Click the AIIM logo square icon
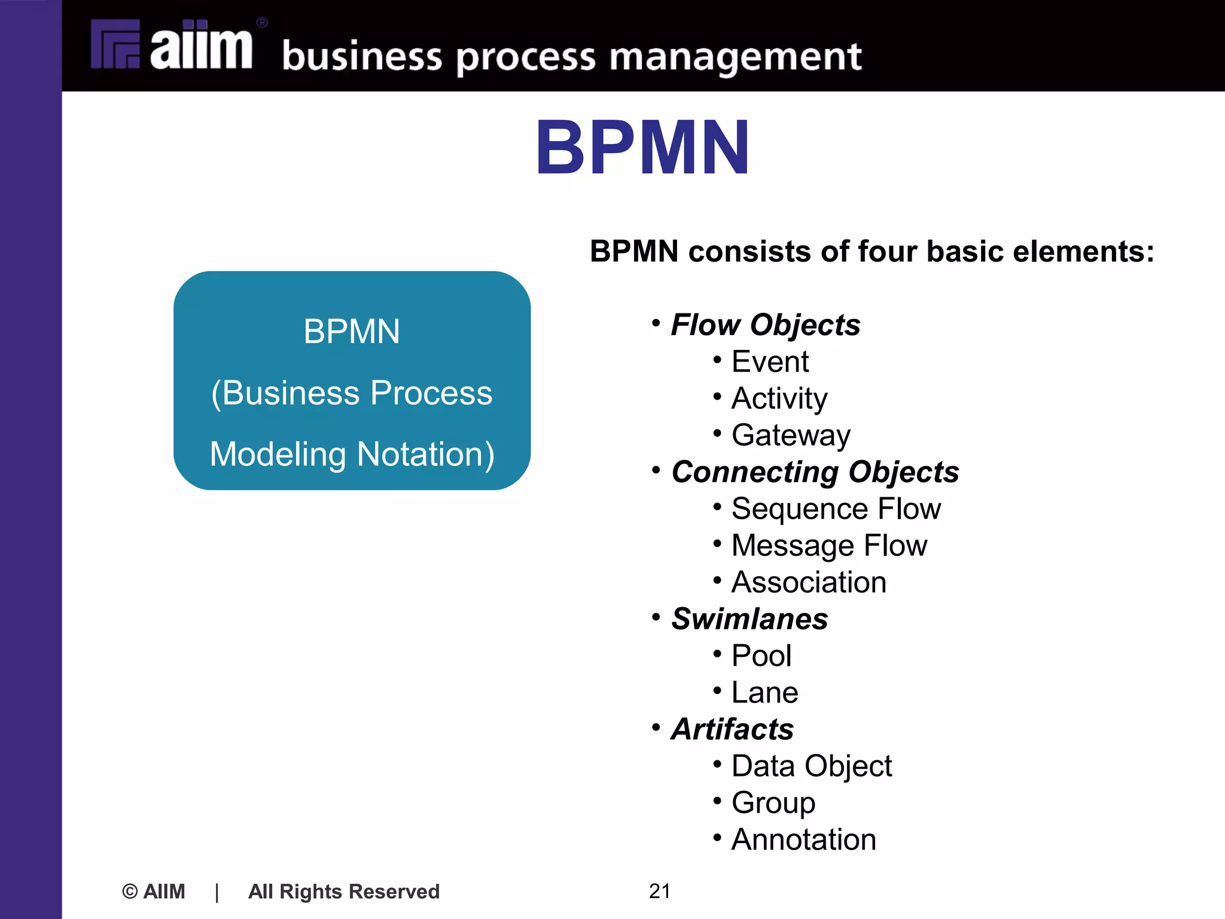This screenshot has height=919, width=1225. pyautogui.click(x=115, y=44)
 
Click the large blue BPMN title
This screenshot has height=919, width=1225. pyautogui.click(x=642, y=148)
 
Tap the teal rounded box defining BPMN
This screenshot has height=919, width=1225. pyautogui.click(x=352, y=381)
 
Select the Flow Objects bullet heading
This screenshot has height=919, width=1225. pyautogui.click(x=765, y=325)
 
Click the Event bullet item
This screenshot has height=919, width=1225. pyautogui.click(x=770, y=361)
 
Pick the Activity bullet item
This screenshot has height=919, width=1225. pyautogui.click(x=779, y=398)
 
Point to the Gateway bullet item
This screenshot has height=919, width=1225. pyautogui.click(x=791, y=435)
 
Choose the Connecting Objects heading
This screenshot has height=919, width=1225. pyautogui.click(x=815, y=472)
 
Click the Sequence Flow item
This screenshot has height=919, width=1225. pyautogui.click(x=836, y=509)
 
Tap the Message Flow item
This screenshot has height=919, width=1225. pyautogui.click(x=829, y=546)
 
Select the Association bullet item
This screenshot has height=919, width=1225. pyautogui.click(x=809, y=582)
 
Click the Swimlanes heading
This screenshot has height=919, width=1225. pyautogui.click(x=749, y=619)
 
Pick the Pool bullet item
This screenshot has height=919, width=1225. pyautogui.click(x=761, y=656)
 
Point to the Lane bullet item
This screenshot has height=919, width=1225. pyautogui.click(x=764, y=693)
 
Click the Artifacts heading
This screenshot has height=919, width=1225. pyautogui.click(x=732, y=729)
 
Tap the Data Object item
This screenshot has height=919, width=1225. pyautogui.click(x=811, y=766)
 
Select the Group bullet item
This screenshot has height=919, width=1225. pyautogui.click(x=773, y=803)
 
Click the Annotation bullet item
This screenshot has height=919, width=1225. pyautogui.click(x=803, y=839)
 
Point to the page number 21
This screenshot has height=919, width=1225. pyautogui.click(x=659, y=891)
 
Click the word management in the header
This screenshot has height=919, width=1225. pyautogui.click(x=735, y=57)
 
